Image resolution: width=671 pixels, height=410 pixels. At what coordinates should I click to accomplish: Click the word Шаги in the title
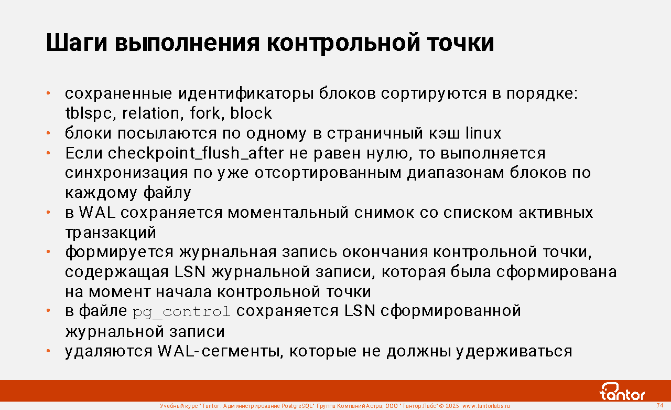coord(77,43)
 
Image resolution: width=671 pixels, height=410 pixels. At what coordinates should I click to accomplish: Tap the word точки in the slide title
coord(461,43)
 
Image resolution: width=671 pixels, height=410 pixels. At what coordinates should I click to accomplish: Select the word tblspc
coord(89,113)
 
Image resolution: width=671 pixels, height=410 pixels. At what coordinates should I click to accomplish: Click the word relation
coord(150,113)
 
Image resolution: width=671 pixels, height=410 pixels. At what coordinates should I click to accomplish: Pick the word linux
coord(483,133)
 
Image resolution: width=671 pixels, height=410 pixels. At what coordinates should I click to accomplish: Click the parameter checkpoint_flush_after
coord(196,153)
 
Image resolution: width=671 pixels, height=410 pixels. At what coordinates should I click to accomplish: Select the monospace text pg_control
coord(181,312)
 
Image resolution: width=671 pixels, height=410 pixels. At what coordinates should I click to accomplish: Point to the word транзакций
coord(111,233)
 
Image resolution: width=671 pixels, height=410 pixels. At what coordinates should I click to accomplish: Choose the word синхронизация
coord(126,173)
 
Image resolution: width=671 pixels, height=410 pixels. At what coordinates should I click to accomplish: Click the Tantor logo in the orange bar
coord(622,392)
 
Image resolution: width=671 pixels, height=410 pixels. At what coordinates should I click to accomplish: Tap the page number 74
coord(659,405)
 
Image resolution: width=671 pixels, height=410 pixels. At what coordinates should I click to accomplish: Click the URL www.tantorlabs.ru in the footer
coord(486,406)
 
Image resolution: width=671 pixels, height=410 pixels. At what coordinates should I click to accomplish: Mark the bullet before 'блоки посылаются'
coord(48,133)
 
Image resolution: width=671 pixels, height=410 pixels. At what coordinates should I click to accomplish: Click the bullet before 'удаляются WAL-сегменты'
coord(48,351)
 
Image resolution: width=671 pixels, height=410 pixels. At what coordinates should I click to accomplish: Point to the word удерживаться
coord(514,352)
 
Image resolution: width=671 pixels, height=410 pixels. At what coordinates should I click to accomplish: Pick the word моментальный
coord(288,213)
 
